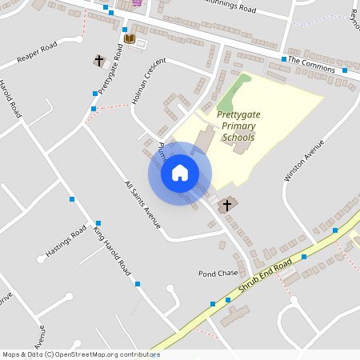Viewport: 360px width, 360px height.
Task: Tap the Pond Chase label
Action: tap(218, 273)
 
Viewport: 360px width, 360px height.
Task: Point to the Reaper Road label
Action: tap(38, 52)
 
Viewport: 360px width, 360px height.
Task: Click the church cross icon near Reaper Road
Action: tap(99, 61)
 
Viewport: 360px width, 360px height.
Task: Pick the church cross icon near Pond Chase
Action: tap(226, 205)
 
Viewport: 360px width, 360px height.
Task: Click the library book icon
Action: tap(130, 38)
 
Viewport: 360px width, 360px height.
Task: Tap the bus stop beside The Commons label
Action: tap(284, 59)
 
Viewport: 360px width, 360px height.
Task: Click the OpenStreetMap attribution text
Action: tap(80, 354)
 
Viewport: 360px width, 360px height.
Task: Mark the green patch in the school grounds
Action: tap(231, 95)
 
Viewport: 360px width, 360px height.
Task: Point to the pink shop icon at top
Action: tap(136, 2)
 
